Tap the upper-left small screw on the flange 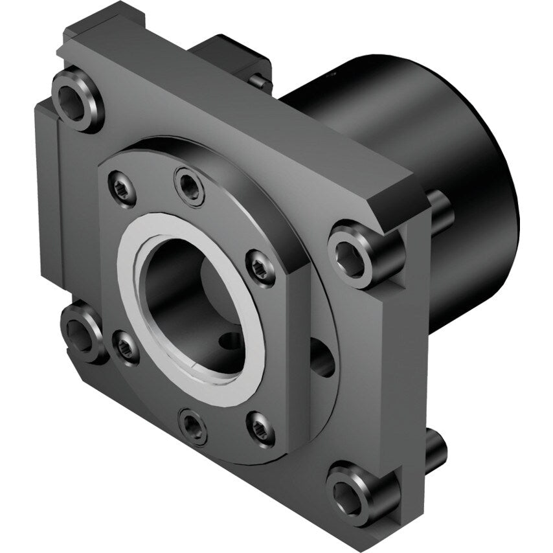[x=123, y=189]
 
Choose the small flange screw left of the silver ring [x=126, y=347]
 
